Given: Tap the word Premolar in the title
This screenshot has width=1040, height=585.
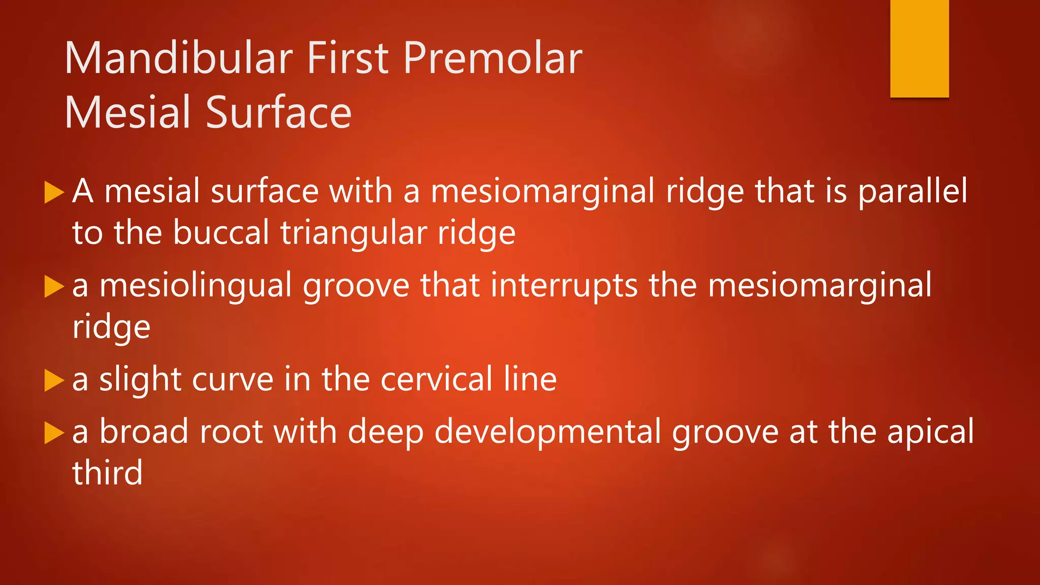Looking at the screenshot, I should pos(493,58).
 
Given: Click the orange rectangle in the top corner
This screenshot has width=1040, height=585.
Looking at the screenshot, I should pos(919,48).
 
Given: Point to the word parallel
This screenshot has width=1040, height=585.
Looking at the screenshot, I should pos(913,192).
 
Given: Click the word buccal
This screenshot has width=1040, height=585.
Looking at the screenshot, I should pos(221,233).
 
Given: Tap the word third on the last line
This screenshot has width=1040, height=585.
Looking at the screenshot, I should pos(107,473).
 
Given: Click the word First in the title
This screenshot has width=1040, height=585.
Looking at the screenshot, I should pos(349,58).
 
